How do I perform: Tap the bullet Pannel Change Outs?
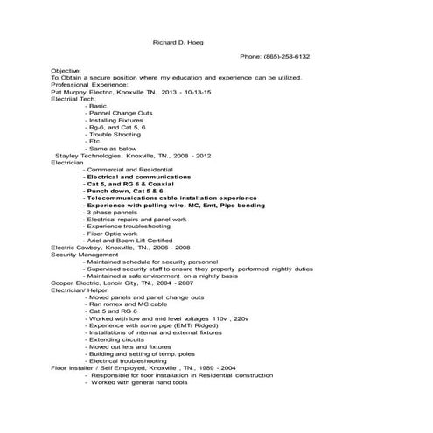(121, 113)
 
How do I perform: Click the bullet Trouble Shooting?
(116, 134)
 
